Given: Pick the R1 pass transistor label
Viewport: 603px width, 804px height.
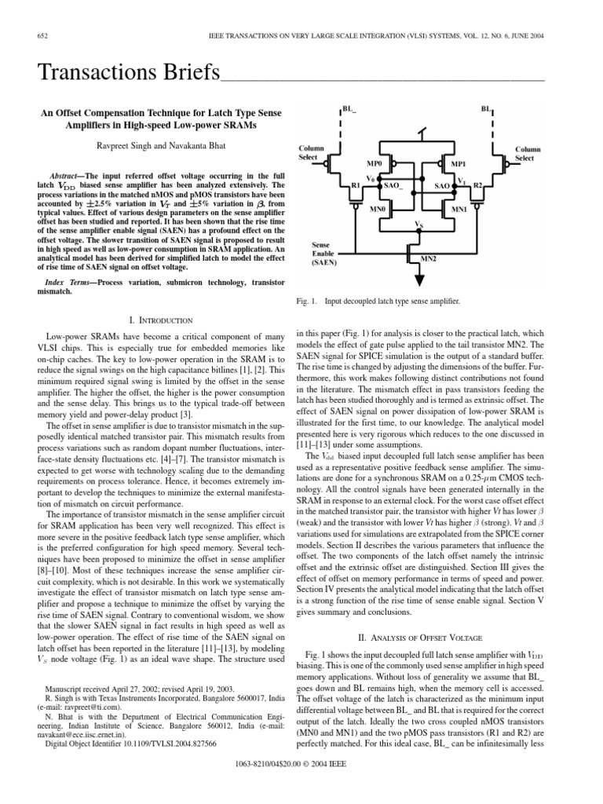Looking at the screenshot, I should coord(355,185).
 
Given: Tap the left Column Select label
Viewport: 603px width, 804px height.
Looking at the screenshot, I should coord(311,152).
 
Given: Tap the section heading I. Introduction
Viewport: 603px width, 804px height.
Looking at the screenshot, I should coord(159,320).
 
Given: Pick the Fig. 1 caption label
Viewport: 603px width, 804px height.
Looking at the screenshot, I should coord(304,301).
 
